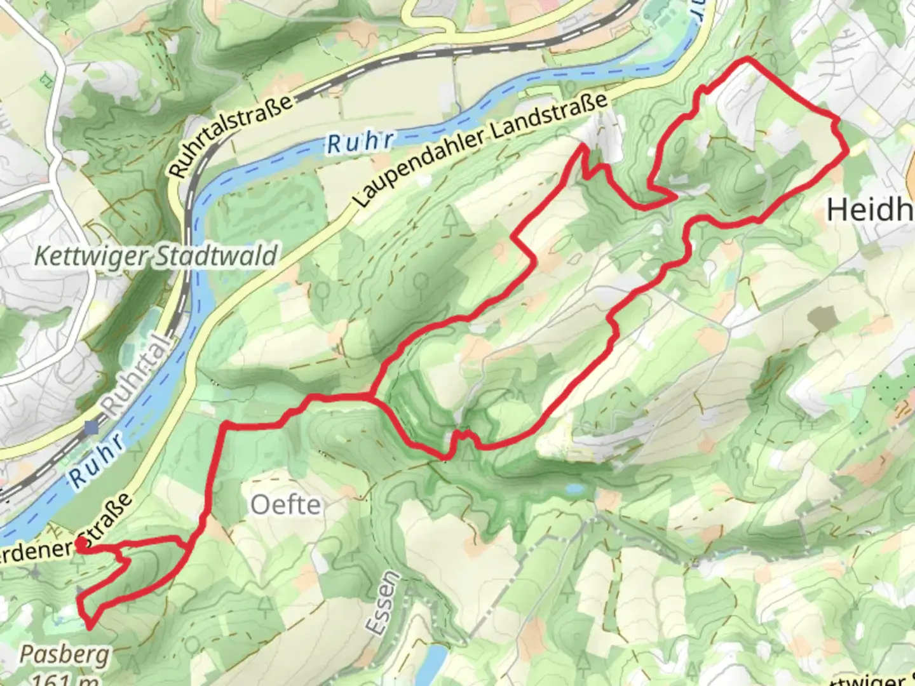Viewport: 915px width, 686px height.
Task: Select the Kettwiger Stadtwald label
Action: point(156,257)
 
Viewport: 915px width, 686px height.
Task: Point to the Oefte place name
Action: point(285,505)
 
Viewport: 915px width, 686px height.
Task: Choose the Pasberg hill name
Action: point(64,654)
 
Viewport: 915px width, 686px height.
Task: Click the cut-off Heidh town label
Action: point(870,209)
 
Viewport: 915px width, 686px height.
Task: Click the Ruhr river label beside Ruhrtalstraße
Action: point(361,142)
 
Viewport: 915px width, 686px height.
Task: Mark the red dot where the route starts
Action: point(81,544)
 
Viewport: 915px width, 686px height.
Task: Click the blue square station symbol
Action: point(91,428)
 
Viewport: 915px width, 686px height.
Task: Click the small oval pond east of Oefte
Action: point(574,489)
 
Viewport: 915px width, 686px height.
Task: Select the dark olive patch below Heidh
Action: point(824,318)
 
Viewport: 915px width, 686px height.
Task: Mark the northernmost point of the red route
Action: point(747,60)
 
